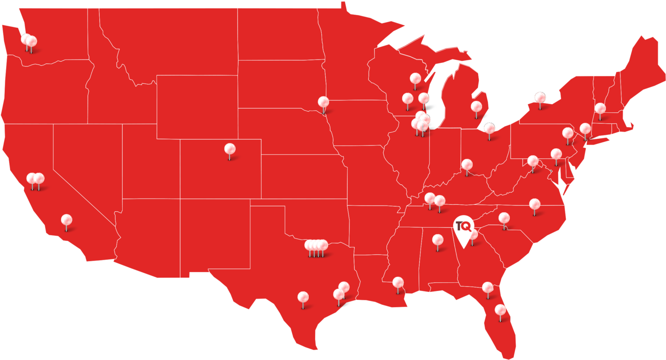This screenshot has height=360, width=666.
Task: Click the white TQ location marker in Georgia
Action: tap(463, 227)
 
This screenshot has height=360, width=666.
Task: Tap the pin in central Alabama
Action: tap(437, 240)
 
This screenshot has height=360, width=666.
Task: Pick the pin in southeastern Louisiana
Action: tap(398, 283)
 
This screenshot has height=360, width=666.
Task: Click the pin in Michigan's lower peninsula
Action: tap(476, 107)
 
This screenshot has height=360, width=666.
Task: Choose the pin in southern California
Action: tap(66, 220)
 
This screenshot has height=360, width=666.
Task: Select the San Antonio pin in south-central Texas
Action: tap(303, 298)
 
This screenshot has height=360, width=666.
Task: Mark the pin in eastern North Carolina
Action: tap(535, 204)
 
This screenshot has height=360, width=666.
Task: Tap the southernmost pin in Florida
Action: tap(500, 310)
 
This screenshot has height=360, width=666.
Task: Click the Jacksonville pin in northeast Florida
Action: tap(487, 288)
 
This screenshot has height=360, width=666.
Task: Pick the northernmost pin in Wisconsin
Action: tap(415, 79)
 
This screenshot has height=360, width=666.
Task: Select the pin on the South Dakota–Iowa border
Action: tap(323, 102)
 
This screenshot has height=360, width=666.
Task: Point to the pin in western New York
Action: tap(540, 98)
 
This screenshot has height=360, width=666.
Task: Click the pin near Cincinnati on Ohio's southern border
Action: tap(467, 165)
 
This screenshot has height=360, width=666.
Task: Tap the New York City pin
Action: tap(585, 129)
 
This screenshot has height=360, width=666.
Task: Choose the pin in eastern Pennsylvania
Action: tap(568, 133)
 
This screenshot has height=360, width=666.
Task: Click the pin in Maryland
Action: tap(556, 154)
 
